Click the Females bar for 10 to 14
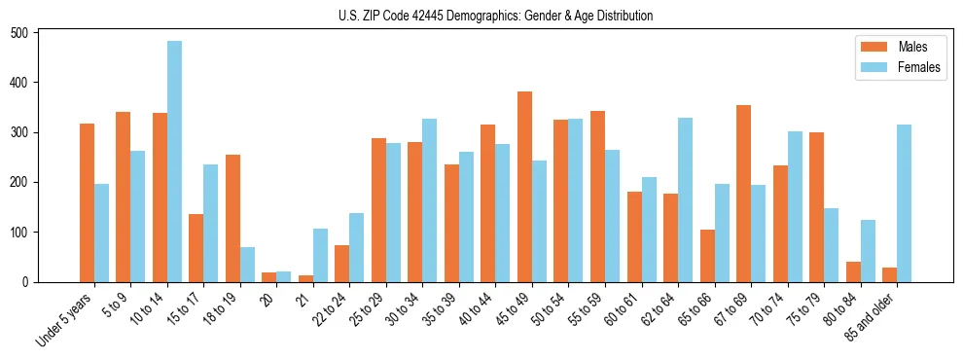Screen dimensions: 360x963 (x=174, y=162)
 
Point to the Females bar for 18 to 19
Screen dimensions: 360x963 (x=247, y=265)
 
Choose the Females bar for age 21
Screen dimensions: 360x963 (x=320, y=255)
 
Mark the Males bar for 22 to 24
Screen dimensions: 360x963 (x=342, y=264)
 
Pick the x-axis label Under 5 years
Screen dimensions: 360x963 (x=66, y=319)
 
